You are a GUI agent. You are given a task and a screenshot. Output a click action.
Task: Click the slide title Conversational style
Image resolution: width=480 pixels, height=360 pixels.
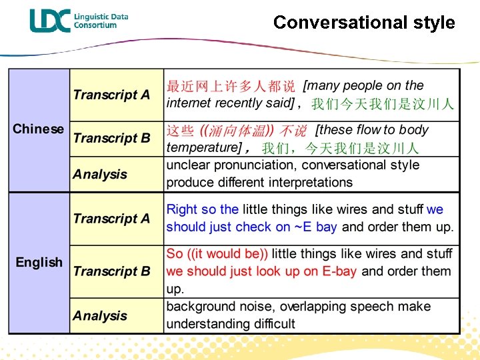coord(364,22)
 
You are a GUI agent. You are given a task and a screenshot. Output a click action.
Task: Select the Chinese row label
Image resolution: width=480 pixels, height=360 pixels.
coord(39,129)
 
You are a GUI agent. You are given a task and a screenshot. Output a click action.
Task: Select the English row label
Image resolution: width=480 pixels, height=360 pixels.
coord(39,263)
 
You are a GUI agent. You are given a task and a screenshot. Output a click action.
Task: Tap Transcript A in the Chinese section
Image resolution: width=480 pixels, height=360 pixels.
coord(111,95)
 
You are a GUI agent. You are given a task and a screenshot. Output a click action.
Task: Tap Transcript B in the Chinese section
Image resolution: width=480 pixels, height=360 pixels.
coord(111,139)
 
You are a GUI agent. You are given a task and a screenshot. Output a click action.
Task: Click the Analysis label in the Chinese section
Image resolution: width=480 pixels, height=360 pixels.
coord(100,175)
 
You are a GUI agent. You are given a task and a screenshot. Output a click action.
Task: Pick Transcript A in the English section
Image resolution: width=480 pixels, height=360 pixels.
coord(111,219)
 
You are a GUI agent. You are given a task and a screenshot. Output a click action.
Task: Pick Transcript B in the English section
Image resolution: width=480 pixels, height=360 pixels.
coord(111,271)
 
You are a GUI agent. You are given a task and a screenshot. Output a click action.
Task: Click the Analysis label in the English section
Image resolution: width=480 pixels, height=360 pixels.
coord(100,316)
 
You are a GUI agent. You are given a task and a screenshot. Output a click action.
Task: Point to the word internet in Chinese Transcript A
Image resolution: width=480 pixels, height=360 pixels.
coord(188,103)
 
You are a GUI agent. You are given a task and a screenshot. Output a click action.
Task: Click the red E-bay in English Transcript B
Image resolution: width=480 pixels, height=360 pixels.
coord(339,271)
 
